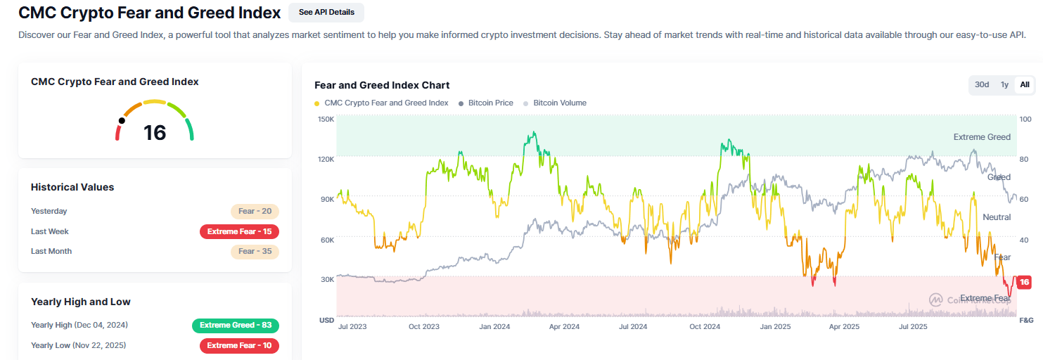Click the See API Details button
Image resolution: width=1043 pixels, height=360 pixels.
pyautogui.click(x=326, y=12)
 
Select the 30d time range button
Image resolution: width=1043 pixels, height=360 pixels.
pyautogui.click(x=981, y=84)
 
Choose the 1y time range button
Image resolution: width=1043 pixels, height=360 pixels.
pyautogui.click(x=1004, y=84)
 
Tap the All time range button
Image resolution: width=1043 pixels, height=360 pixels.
pyautogui.click(x=1025, y=84)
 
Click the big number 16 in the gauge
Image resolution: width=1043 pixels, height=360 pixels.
pyautogui.click(x=155, y=132)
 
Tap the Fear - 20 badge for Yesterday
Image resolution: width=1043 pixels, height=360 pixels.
pyautogui.click(x=255, y=211)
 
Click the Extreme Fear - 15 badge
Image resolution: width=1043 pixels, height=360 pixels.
pyautogui.click(x=239, y=231)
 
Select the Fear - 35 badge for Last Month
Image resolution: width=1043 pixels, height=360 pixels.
pyautogui.click(x=255, y=251)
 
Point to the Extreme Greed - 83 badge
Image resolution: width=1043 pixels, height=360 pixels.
pyautogui.click(x=236, y=325)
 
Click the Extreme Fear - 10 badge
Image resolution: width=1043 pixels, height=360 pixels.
pyautogui.click(x=239, y=345)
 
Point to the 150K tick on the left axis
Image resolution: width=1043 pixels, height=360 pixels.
pyautogui.click(x=326, y=119)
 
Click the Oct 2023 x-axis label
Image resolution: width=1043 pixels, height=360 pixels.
pyautogui.click(x=424, y=326)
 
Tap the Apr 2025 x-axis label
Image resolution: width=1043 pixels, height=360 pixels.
pyautogui.click(x=843, y=326)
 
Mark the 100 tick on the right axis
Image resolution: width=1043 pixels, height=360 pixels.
pyautogui.click(x=1025, y=119)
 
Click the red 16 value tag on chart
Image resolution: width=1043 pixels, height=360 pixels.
pyautogui.click(x=1024, y=282)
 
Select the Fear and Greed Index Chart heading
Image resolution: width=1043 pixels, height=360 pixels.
pyautogui.click(x=382, y=85)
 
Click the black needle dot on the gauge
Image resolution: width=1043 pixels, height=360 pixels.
pyautogui.click(x=122, y=120)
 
